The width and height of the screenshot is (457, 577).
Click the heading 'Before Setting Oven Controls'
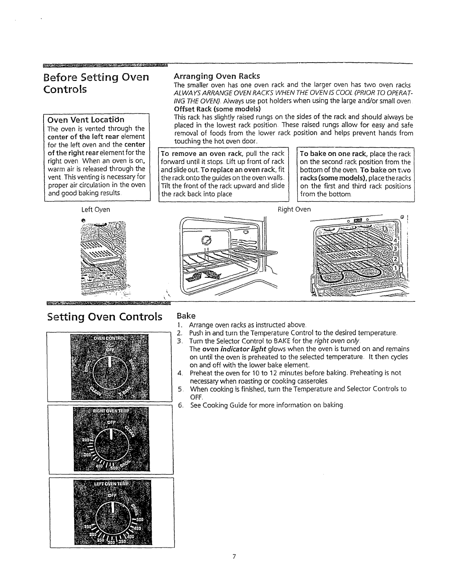pyautogui.click(x=96, y=83)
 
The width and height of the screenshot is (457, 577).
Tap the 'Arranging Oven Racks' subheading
pyautogui.click(x=217, y=76)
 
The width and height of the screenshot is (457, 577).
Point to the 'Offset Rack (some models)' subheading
pyautogui.click(x=217, y=109)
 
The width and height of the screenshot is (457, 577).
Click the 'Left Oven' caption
pyautogui.click(x=96, y=209)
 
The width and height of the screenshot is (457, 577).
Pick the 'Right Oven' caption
pyautogui.click(x=294, y=209)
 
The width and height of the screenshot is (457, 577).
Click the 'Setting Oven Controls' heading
pyautogui.click(x=105, y=317)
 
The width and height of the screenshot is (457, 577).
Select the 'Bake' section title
pyautogui.click(x=186, y=316)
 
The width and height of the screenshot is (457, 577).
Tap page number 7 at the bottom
pyautogui.click(x=234, y=556)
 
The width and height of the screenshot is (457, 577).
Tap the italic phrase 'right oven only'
pyautogui.click(x=337, y=341)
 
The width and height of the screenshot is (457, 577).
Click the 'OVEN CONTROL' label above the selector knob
pyautogui.click(x=108, y=339)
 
